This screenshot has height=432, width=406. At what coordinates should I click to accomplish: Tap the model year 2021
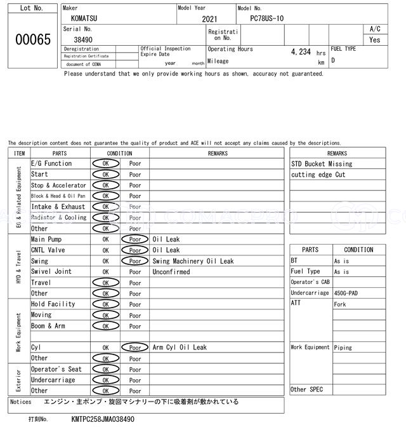tap(209, 19)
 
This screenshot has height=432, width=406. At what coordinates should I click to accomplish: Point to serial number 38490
tap(84, 39)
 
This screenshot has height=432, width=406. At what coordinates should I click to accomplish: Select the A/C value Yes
tap(375, 39)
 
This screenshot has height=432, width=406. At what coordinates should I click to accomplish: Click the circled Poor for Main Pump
tap(134, 240)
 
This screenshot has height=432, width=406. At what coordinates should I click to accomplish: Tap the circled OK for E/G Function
tap(105, 164)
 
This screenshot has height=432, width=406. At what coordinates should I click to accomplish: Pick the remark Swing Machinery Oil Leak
tap(193, 261)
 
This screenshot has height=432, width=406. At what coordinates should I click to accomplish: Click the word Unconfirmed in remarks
tap(171, 272)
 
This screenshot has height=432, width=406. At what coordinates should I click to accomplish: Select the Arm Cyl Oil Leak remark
tap(180, 348)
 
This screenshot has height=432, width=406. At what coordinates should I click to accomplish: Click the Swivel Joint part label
tap(51, 272)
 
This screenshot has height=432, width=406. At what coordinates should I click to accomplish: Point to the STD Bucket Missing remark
tap(322, 164)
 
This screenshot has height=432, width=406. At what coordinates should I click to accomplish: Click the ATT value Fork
tap(340, 304)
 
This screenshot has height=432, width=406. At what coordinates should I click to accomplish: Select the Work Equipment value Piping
tap(343, 348)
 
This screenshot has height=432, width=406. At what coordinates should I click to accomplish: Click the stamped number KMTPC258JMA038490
tap(94, 420)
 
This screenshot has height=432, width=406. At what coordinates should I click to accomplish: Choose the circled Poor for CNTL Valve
tap(134, 250)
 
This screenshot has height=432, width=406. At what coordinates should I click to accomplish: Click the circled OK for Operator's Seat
tap(105, 369)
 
